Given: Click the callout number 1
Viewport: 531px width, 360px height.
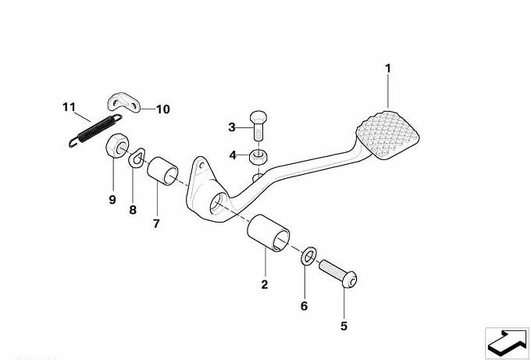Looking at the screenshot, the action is (x=388, y=69).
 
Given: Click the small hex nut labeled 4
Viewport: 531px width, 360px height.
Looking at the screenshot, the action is (x=258, y=156).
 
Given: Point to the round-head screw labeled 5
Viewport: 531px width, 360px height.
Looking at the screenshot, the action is (x=338, y=273).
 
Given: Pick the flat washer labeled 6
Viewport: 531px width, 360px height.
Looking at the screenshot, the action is (x=308, y=256).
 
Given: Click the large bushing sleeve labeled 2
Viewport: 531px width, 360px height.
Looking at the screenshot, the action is (x=269, y=233).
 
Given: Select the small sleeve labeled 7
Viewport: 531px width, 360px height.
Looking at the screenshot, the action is (x=162, y=171).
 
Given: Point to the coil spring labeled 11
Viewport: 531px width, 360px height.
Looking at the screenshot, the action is (x=96, y=130).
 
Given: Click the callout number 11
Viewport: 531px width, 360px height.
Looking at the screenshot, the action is (x=69, y=107).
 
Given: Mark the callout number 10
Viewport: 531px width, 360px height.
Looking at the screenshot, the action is (x=162, y=109).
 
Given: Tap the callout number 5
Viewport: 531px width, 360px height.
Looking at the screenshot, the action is (x=344, y=326).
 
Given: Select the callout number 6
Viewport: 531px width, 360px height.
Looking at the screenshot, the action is (x=304, y=306).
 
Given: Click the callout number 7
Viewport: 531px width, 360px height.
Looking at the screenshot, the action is (x=156, y=223).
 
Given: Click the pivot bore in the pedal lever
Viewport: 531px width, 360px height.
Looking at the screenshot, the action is (x=219, y=203).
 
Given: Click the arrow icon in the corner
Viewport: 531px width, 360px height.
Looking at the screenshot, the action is (x=507, y=343).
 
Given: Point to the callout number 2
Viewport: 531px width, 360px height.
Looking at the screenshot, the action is (x=265, y=284).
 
